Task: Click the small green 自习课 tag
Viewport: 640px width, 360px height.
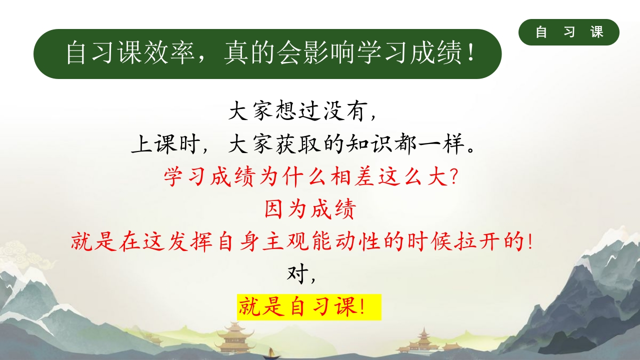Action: [569, 32]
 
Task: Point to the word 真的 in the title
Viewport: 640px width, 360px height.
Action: [249, 53]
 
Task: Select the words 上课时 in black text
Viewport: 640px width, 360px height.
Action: [166, 144]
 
